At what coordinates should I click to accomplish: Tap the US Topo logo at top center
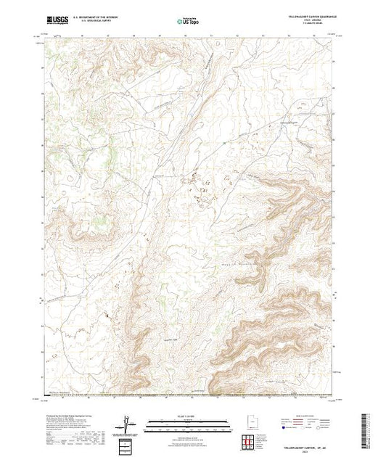pyautogui.click(x=189, y=22)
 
